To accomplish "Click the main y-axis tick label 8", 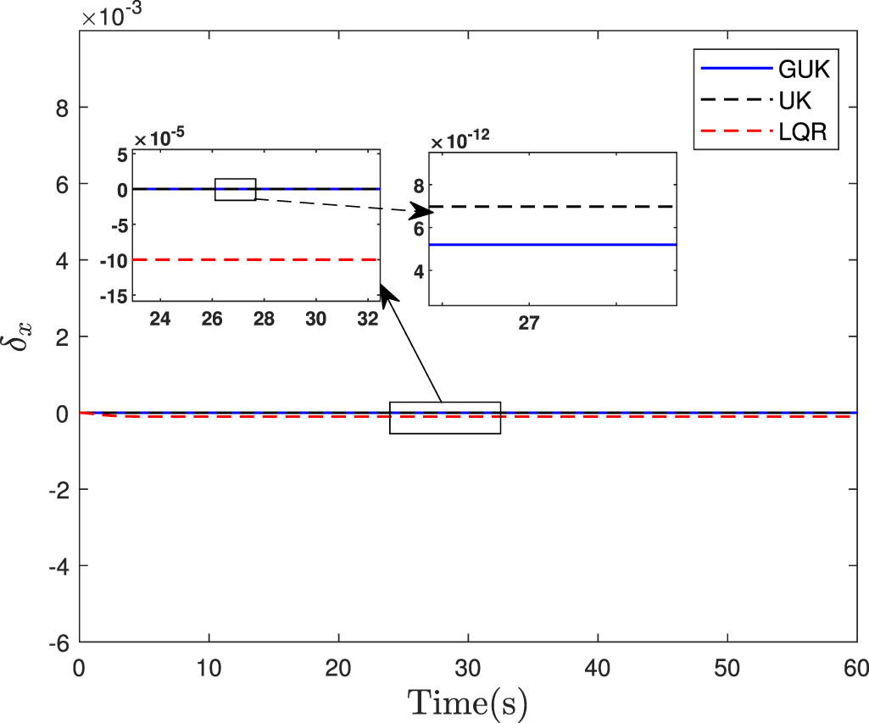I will pos(63,108).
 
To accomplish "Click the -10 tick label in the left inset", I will pos(116,260).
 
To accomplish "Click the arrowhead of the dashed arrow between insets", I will pos(421,211).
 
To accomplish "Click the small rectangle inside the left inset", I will pos(235,189).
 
